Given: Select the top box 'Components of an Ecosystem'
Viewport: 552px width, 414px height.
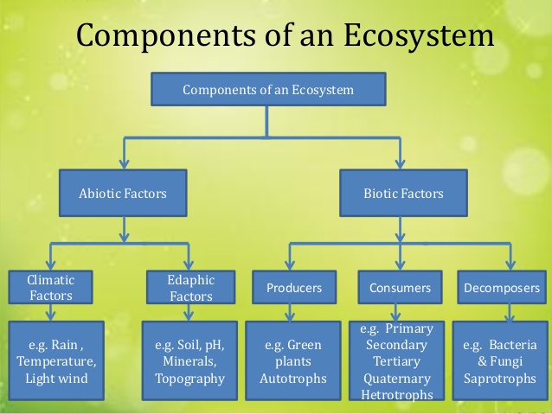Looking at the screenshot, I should coord(267,89).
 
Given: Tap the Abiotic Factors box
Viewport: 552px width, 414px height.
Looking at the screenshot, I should coord(125,194).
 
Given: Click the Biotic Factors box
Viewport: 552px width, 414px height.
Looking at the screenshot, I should coord(403,194).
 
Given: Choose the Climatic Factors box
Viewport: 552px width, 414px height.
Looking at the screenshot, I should coord(50,287).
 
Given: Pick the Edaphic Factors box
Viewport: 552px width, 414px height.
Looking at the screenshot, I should coord(190,287).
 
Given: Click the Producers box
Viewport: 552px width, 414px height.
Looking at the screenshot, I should coord(294,288).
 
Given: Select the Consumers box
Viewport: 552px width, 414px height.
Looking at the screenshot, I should coord(400,288).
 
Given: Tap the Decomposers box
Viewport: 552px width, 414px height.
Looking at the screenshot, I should coord(502,288).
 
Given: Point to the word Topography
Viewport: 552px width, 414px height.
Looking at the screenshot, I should coord(189,379).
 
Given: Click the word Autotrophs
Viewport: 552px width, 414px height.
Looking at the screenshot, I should coord(293,379).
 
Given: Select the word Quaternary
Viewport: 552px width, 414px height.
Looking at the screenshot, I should coord(399,378).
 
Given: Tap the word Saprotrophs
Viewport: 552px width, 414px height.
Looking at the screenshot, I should coord(501,379).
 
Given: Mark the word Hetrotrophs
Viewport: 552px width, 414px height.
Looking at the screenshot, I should coord(399,394).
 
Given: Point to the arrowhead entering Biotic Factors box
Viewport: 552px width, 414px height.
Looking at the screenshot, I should coord(401,163).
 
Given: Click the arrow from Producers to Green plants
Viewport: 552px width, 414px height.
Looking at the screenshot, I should coord(294,312).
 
